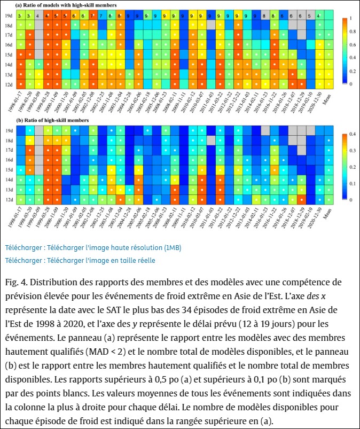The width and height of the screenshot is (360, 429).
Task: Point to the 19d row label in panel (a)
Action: (9, 16)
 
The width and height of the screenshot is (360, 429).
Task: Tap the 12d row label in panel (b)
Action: (9, 200)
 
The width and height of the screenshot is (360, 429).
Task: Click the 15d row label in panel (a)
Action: (9, 54)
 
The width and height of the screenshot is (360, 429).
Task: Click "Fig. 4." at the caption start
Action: (17, 282)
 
